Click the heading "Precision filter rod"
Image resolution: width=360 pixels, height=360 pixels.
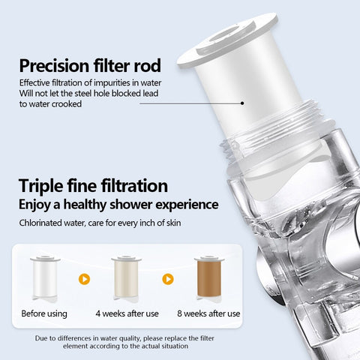click(90, 65)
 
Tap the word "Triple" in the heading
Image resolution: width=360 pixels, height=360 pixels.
click(40, 186)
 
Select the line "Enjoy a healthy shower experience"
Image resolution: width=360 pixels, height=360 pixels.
click(118, 205)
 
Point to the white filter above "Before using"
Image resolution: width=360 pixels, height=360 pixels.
click(45, 277)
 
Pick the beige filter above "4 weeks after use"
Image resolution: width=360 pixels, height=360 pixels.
click(126, 277)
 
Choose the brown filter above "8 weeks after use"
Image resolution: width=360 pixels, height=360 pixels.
click(209, 277)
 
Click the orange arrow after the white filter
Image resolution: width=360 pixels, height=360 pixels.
click(84, 279)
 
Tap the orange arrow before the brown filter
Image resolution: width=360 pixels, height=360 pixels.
click(168, 279)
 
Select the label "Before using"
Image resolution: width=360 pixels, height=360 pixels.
click(44, 313)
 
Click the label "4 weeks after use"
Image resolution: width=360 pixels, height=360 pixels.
click(127, 313)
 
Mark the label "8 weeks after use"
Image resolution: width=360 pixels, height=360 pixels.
click(208, 313)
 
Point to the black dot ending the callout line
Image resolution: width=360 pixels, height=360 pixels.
click(242, 103)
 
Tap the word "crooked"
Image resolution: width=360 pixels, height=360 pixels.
click(66, 104)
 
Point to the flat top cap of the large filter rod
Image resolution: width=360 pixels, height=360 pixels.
click(227, 40)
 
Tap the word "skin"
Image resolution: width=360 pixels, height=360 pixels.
click(173, 223)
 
